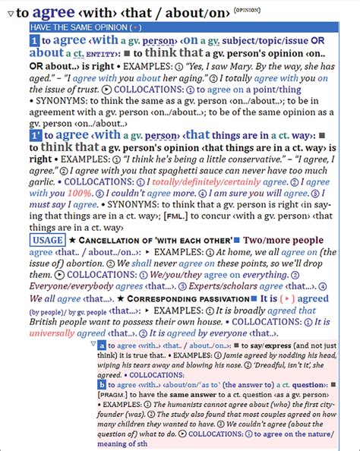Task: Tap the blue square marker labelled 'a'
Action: pyautogui.click(x=102, y=345)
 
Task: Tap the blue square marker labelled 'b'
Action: pyautogui.click(x=102, y=384)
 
